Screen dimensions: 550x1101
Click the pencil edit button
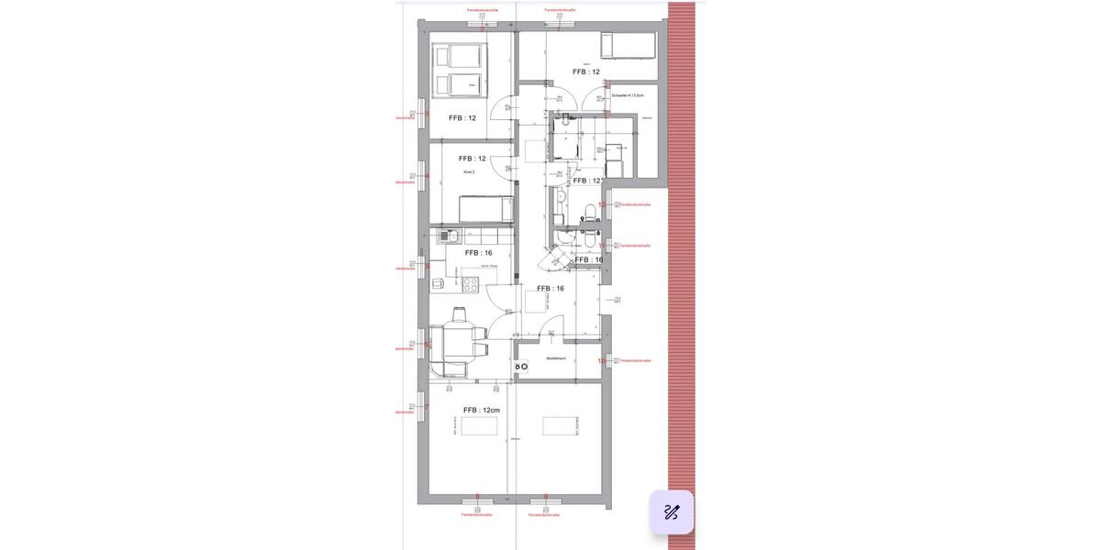coord(671,512)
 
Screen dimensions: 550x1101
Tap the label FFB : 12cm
coord(482,411)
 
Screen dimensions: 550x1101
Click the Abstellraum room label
coord(556,357)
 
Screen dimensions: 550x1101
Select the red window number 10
coord(602,361)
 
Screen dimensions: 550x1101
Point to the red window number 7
coord(427,407)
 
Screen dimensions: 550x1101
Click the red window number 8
coord(478,496)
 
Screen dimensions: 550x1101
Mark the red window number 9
coord(546,496)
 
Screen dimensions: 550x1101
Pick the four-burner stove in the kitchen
coord(470,283)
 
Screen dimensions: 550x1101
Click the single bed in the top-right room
coord(628,44)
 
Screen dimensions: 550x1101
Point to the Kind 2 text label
coord(468,172)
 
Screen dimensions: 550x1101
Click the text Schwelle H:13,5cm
coord(628,95)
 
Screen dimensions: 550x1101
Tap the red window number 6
coord(427,345)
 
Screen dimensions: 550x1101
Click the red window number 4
coord(427,176)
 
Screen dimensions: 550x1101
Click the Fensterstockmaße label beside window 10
coord(635,361)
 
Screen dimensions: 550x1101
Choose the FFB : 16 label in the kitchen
coord(479,253)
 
